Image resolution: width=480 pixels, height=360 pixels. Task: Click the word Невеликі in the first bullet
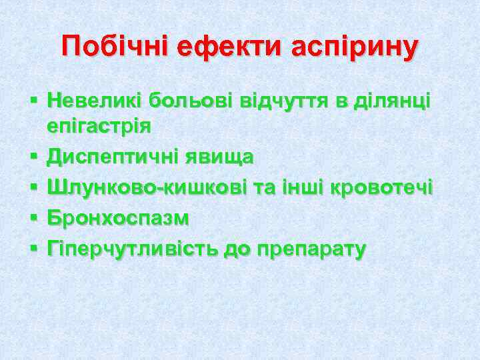coord(96,101)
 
